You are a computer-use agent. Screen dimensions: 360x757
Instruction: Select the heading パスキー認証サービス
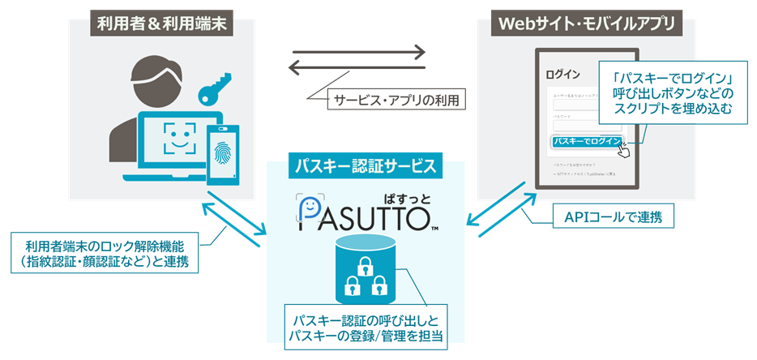click(365, 167)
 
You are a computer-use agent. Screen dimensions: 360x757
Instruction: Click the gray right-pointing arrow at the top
click(357, 53)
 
